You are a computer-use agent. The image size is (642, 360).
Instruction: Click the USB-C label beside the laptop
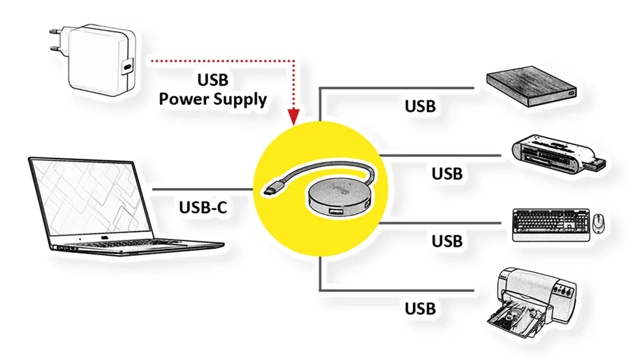click(x=203, y=208)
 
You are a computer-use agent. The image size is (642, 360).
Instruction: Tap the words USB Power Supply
click(x=213, y=89)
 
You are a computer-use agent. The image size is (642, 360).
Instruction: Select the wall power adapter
click(x=98, y=63)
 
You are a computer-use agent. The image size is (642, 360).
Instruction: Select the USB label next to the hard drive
click(x=421, y=107)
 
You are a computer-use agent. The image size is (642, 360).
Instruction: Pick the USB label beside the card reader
click(x=447, y=173)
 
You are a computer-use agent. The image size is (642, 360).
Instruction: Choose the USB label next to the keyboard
click(x=447, y=241)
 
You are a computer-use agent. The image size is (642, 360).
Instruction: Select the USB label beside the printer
click(x=421, y=308)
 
